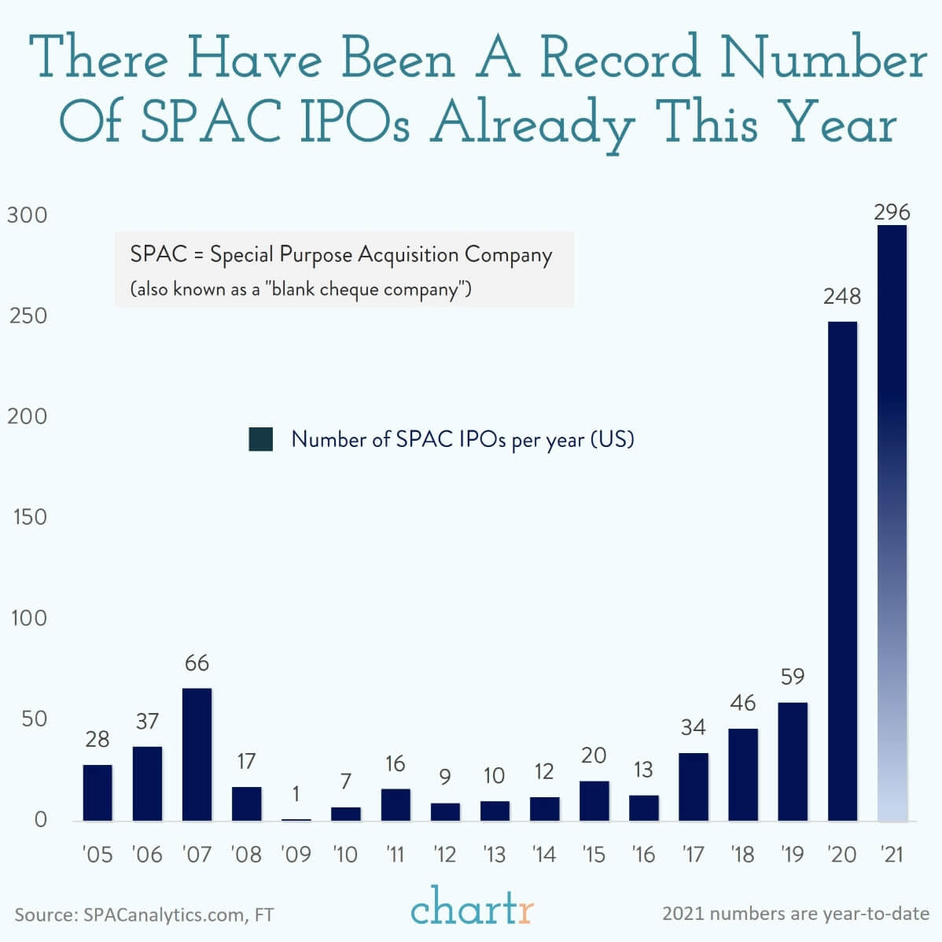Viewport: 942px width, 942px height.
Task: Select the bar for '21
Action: [892, 523]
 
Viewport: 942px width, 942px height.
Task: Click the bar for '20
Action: [842, 571]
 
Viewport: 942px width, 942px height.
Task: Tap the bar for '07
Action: [197, 754]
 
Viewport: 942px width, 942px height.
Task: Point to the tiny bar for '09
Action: [296, 819]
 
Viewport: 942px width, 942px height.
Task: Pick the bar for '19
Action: [793, 761]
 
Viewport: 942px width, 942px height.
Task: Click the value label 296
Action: [892, 212]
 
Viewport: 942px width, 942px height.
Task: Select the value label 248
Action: [842, 297]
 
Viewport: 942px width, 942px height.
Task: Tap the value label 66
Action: [197, 663]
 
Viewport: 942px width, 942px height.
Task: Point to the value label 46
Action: [743, 703]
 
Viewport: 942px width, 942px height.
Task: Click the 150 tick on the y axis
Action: [29, 517]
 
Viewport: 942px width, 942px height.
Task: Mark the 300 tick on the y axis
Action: [28, 215]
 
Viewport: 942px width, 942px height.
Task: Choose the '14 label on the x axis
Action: [544, 854]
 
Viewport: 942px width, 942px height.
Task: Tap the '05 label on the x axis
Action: [98, 854]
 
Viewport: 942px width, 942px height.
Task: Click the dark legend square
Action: [260, 439]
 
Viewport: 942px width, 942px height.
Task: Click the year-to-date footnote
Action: [796, 914]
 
